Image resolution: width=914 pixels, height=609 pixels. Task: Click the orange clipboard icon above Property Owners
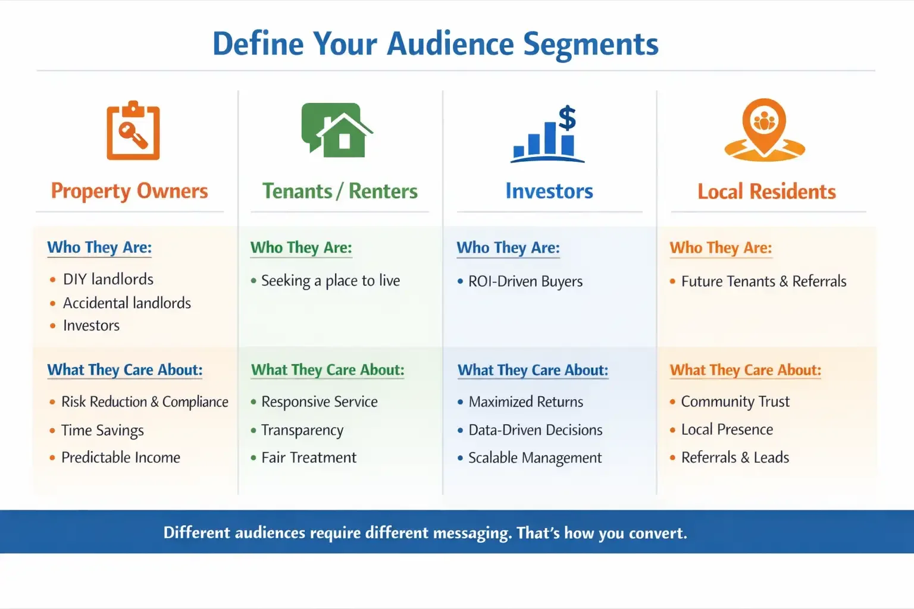[x=133, y=131]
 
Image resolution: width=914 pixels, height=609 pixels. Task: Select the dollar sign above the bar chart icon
[x=567, y=117]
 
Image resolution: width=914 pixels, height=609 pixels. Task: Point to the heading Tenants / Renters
[x=340, y=191]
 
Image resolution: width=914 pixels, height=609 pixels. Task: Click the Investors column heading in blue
[x=549, y=191]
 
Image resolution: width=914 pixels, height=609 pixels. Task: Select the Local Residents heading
[x=766, y=192]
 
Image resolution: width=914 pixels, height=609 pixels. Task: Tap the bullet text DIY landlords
[x=108, y=279]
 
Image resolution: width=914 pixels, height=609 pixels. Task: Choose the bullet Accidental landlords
[x=127, y=303]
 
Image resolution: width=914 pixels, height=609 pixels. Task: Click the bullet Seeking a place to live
[x=330, y=281]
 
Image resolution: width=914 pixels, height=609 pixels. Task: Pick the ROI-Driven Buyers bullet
[x=525, y=281]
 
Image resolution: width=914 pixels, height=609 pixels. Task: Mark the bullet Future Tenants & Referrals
[x=763, y=281]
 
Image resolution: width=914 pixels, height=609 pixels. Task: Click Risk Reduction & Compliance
[x=145, y=402]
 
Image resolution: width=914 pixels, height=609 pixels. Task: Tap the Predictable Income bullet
[x=120, y=457]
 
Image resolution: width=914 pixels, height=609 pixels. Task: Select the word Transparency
[x=302, y=430]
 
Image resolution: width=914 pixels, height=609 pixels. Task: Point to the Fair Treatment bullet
[x=308, y=457]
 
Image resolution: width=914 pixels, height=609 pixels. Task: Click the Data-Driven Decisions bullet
[x=535, y=430]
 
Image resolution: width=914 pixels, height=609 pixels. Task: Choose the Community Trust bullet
[x=735, y=402]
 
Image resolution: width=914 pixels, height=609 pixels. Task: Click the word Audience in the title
[x=450, y=44]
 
